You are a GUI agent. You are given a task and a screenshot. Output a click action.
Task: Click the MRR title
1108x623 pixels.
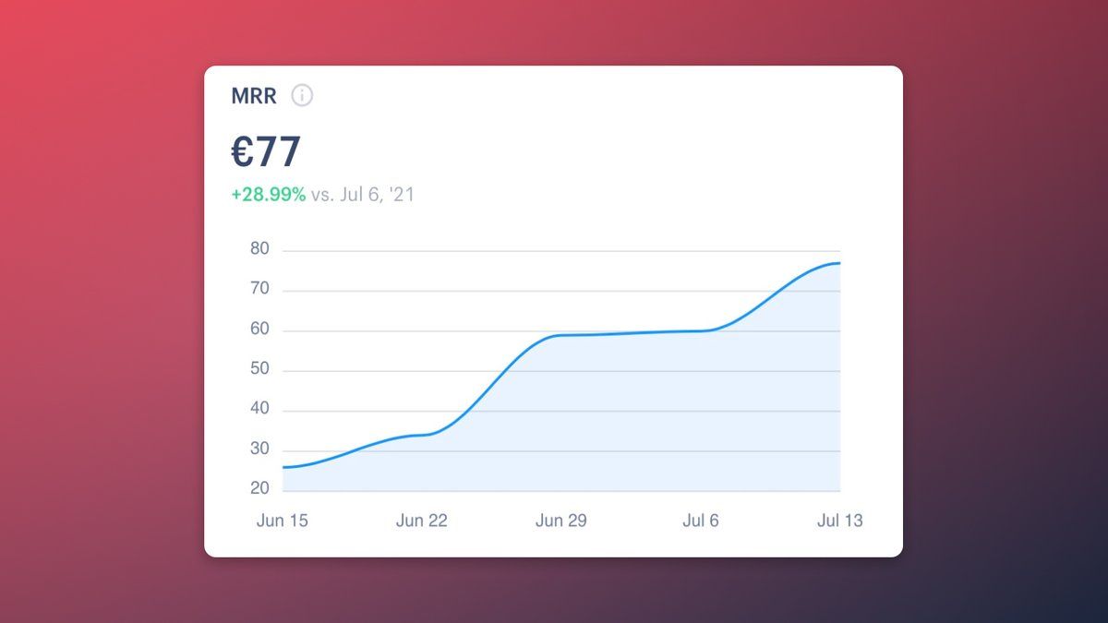tap(254, 96)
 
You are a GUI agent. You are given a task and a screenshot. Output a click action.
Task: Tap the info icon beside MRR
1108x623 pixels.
tap(302, 95)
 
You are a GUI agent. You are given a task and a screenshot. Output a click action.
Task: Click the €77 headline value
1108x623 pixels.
tap(266, 152)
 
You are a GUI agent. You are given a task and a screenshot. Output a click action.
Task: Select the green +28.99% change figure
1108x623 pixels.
tap(268, 195)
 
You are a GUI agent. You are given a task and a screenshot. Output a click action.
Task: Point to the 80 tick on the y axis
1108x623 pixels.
tap(259, 249)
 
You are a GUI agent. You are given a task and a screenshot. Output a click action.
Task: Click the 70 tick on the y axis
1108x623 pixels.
tap(259, 290)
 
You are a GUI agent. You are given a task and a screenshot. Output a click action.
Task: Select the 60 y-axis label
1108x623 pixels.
tap(259, 329)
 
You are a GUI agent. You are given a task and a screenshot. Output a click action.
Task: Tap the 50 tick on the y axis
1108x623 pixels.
tap(259, 370)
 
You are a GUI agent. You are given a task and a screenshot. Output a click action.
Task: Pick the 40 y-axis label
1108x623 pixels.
tap(259, 410)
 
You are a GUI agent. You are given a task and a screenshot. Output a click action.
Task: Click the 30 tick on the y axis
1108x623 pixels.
tap(259, 449)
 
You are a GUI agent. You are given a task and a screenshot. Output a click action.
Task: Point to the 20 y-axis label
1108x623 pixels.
tap(259, 489)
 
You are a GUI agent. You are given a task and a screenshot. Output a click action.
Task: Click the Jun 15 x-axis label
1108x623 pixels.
tap(283, 521)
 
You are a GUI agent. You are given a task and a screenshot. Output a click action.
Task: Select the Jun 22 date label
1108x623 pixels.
tap(422, 521)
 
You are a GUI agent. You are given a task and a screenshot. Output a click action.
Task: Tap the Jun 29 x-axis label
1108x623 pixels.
tap(561, 521)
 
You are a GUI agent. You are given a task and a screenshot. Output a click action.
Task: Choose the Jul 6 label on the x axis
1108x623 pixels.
tap(701, 521)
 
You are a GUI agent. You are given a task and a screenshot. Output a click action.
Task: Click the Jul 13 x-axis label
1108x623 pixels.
tap(840, 521)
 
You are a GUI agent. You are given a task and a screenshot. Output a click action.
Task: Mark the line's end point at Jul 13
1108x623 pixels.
tap(839, 263)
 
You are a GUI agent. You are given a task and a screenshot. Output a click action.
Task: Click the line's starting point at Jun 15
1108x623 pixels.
tap(283, 467)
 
